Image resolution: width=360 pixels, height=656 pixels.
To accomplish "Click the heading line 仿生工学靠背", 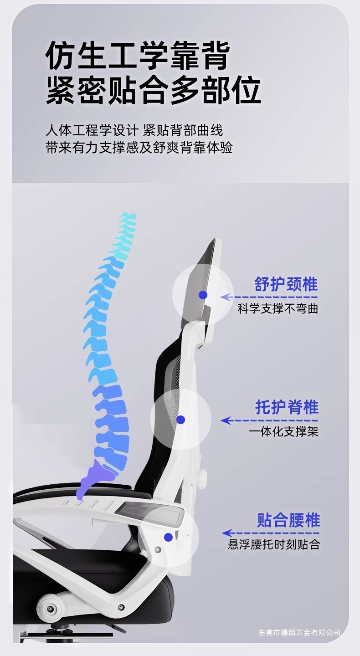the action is pos(137,56).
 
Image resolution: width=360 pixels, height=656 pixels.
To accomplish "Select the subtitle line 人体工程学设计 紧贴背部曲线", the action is pos(134,130).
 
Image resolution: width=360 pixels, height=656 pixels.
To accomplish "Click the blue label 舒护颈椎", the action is pos(286,284).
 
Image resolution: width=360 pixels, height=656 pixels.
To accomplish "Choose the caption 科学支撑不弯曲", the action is pos(278,309).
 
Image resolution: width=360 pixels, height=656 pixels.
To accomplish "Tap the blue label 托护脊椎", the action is pos(287,407).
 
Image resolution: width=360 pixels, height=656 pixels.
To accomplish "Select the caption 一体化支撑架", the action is pos(283,431).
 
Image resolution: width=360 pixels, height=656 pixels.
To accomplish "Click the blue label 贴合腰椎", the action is pos(288,520).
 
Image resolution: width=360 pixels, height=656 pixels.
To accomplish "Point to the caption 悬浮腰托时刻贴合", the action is pos(274,544).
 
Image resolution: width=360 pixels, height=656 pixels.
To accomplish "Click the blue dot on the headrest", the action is pos(203,295).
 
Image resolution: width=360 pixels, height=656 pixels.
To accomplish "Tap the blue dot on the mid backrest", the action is pos(181,420).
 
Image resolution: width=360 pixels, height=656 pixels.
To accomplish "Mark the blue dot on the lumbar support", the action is pos(169,538).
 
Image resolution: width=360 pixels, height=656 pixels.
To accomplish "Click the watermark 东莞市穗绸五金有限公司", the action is pos(299,632).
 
